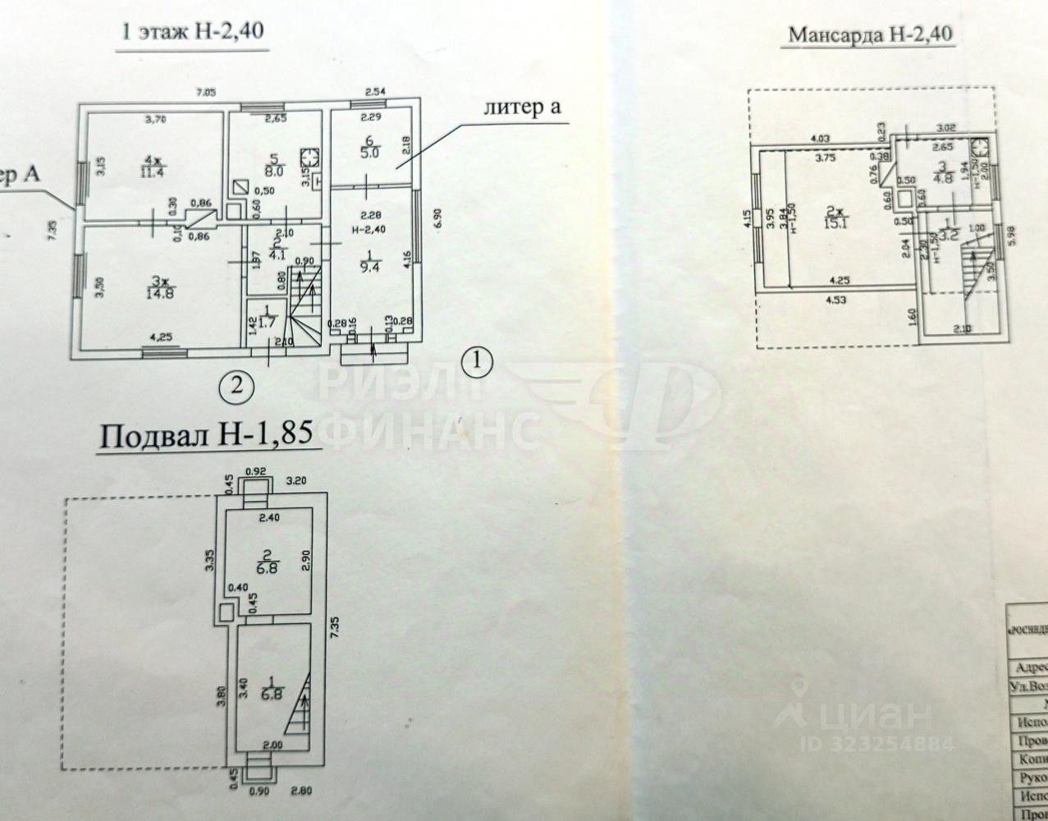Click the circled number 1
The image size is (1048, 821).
[478, 359]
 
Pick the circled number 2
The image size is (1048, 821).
[236, 383]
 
